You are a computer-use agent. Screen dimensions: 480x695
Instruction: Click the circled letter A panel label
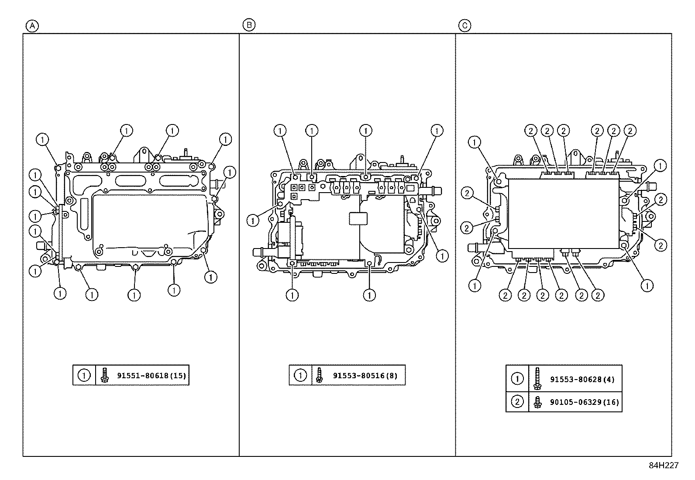[x=32, y=26]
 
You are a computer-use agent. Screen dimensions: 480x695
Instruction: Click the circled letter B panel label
[x=248, y=25]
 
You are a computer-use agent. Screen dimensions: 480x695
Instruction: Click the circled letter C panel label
[x=464, y=26]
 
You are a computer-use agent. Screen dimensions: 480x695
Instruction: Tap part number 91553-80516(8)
[x=365, y=376]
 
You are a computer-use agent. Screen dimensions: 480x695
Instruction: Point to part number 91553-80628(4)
[x=582, y=379]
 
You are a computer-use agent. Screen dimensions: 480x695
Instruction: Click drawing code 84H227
[x=663, y=466]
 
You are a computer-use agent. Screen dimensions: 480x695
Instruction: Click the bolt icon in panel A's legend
[x=104, y=375]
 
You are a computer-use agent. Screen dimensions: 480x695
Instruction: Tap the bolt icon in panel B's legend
[x=319, y=375]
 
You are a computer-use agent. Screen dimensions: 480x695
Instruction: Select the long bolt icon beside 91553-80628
[x=537, y=378]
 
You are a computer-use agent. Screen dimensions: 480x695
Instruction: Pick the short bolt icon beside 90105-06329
[x=537, y=402]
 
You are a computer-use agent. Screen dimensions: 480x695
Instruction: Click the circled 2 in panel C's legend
[x=517, y=402]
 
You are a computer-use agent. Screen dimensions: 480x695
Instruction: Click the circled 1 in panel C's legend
[x=517, y=379]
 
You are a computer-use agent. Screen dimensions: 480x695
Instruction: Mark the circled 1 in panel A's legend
[x=84, y=375]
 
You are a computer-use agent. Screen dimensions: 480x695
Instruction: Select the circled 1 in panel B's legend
[x=300, y=375]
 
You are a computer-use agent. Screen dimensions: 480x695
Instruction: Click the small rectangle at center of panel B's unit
[x=358, y=219]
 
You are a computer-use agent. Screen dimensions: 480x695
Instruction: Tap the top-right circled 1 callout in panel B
[x=437, y=130]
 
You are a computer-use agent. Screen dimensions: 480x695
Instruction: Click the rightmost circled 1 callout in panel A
[x=230, y=172]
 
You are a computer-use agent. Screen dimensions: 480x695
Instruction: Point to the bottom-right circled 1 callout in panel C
[x=647, y=286]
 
